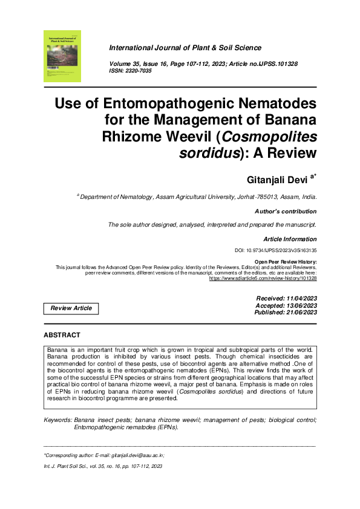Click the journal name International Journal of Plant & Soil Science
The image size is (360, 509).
tap(185, 48)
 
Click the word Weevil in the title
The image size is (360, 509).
tap(216, 136)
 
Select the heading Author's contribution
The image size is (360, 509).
tap(286, 212)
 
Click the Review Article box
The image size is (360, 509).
tap(71, 308)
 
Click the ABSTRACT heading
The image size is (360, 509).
tap(62, 335)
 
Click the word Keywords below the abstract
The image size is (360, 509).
tap(57, 419)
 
